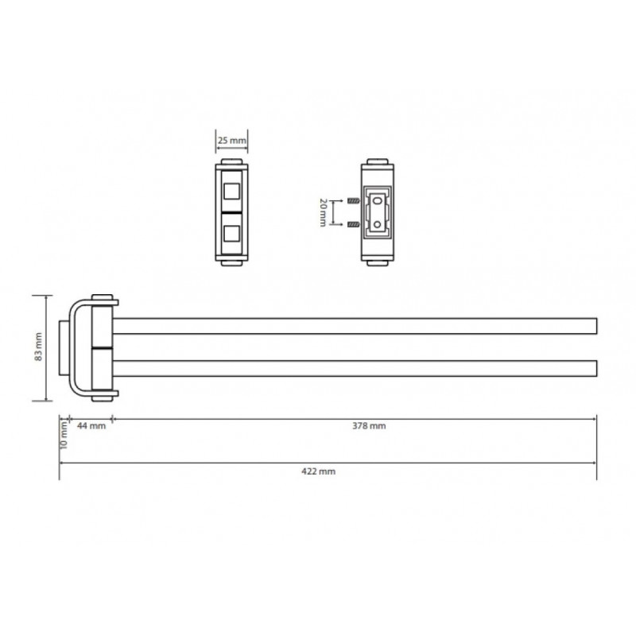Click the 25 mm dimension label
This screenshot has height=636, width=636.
click(231, 141)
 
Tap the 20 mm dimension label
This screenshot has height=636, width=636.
click(323, 212)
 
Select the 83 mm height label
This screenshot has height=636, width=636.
click(38, 347)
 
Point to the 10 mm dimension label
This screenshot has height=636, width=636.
click(64, 435)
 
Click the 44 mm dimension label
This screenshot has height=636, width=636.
click(91, 426)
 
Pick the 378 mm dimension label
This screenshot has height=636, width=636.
click(369, 426)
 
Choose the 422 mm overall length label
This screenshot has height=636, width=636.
click(319, 471)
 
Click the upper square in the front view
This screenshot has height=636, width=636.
click(231, 192)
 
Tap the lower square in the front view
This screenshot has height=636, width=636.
click(231, 234)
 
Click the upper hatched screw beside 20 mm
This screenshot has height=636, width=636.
click(354, 200)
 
